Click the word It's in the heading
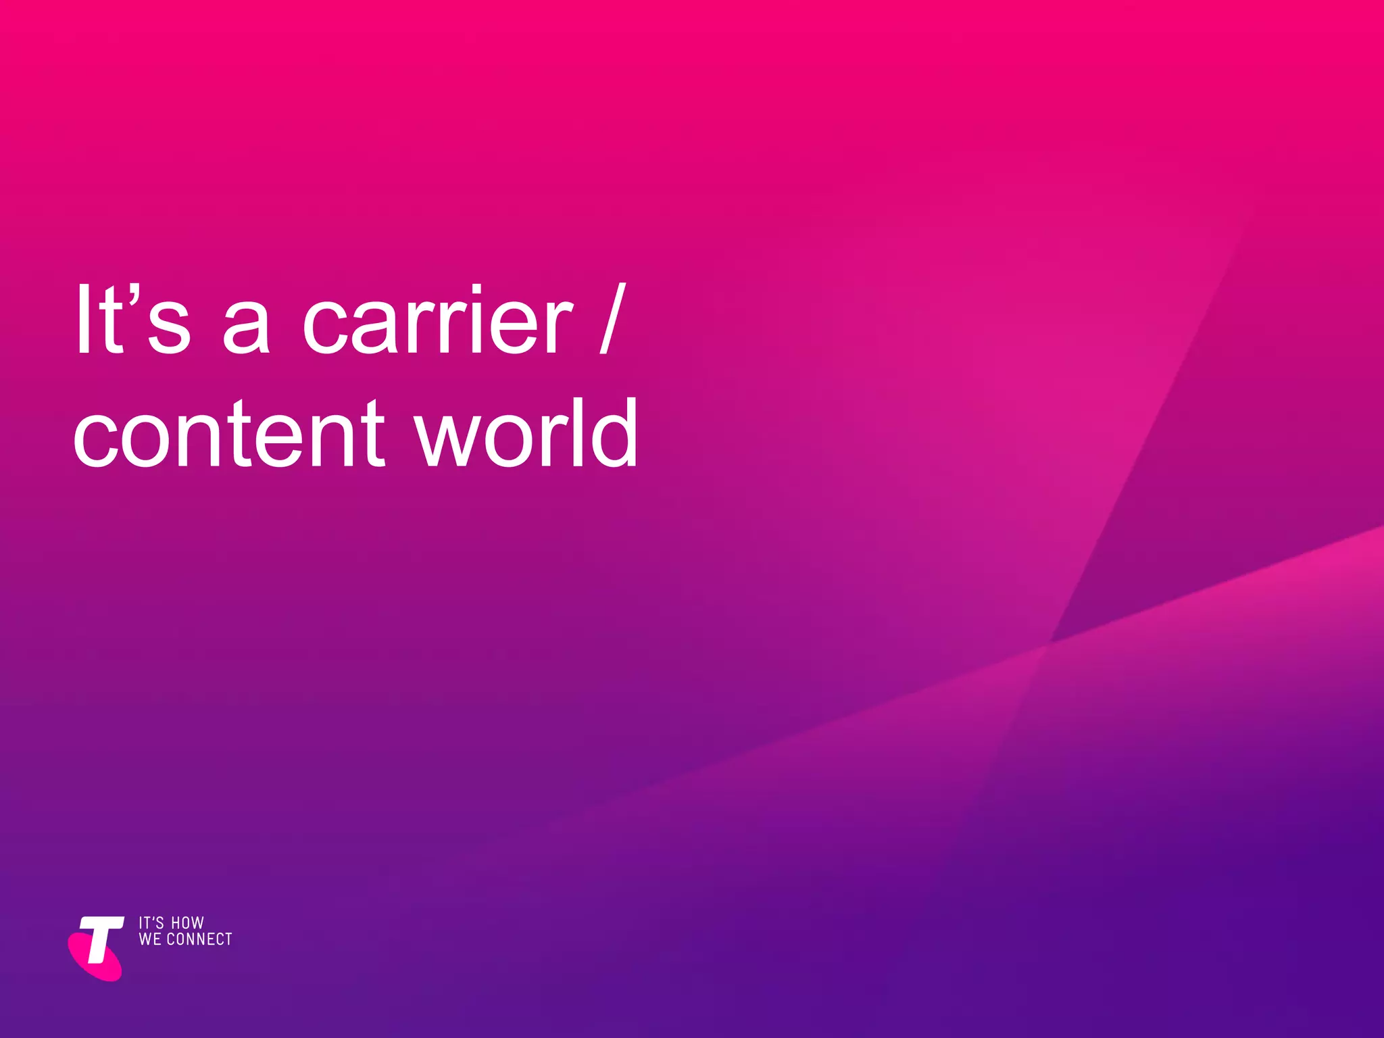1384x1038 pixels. pyautogui.click(x=132, y=319)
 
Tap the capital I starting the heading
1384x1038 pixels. pyautogui.click(x=83, y=319)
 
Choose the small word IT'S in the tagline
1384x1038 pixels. pyautogui.click(x=151, y=923)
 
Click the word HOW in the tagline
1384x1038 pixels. pyautogui.click(x=187, y=923)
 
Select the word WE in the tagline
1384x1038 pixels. pyautogui.click(x=150, y=939)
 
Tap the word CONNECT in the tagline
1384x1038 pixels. pyautogui.click(x=199, y=939)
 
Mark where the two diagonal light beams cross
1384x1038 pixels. pyautogui.click(x=1047, y=643)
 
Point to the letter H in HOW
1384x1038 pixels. pyautogui.click(x=176, y=923)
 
